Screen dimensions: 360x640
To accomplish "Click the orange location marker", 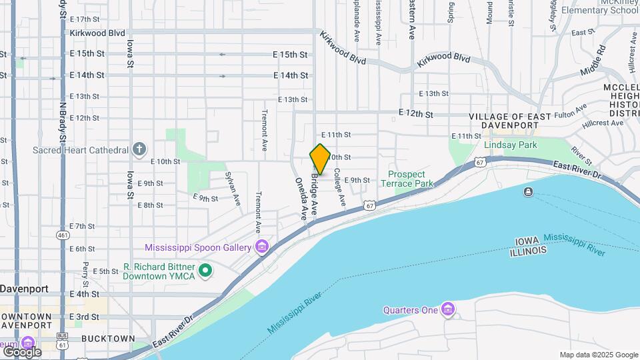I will click(x=320, y=159).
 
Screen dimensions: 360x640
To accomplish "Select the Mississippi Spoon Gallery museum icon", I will click(x=262, y=247).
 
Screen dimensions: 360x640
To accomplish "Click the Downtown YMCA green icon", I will click(x=206, y=271).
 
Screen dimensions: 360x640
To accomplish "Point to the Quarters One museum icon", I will click(x=448, y=309).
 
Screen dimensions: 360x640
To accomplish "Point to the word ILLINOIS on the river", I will click(x=528, y=251).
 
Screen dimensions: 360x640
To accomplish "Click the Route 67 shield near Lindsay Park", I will click(x=480, y=162).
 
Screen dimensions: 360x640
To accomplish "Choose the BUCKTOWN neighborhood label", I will click(x=107, y=339).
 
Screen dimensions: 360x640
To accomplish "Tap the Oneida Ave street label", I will click(x=301, y=199).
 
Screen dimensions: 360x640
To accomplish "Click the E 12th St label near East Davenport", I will click(x=416, y=114).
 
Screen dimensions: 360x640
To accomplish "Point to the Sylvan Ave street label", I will click(x=233, y=189).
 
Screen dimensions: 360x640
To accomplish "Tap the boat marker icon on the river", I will click(x=528, y=192).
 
